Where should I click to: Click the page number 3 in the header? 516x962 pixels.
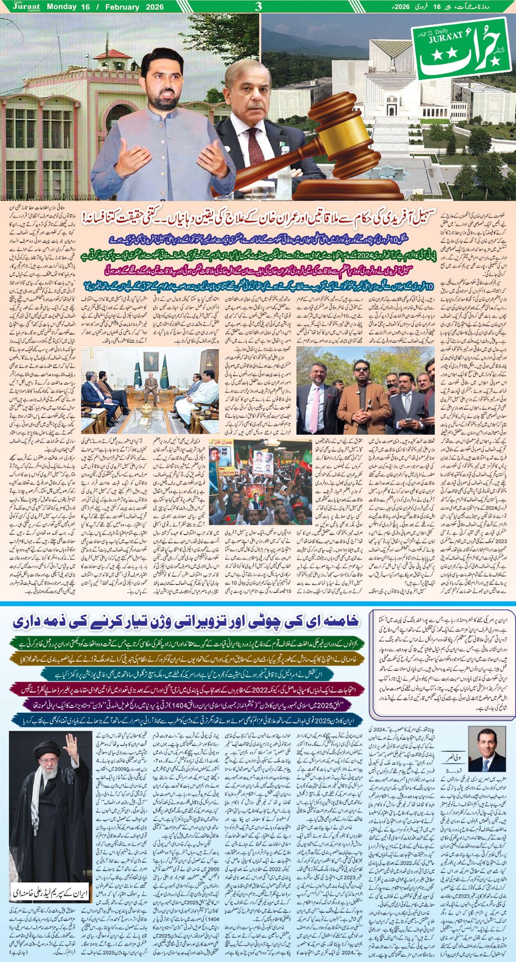point(258,7)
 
